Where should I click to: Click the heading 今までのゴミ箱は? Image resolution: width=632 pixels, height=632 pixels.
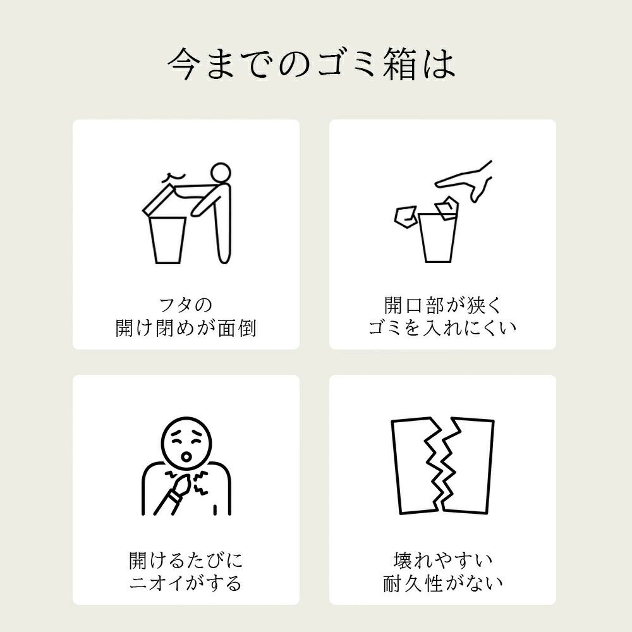(x=311, y=64)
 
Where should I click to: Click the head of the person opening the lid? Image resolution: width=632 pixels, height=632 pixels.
(x=221, y=174)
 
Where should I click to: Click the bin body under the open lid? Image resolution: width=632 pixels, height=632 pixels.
(x=167, y=240)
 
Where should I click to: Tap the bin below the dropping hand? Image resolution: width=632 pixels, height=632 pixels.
(x=438, y=238)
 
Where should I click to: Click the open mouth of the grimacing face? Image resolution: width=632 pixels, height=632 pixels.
(x=186, y=456)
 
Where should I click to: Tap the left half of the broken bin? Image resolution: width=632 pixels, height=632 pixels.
(x=413, y=466)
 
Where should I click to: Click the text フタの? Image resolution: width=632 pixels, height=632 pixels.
(x=185, y=305)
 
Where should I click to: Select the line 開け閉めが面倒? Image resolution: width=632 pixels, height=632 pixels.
(x=186, y=328)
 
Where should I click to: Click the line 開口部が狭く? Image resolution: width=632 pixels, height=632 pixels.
(x=442, y=305)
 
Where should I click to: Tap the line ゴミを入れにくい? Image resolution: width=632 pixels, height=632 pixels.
(x=442, y=328)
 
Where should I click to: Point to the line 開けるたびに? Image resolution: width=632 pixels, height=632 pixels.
(x=186, y=561)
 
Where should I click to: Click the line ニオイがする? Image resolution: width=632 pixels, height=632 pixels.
(x=186, y=583)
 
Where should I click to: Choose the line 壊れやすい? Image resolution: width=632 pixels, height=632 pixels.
(x=442, y=561)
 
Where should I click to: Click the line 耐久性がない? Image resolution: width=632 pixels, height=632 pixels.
(x=442, y=583)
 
